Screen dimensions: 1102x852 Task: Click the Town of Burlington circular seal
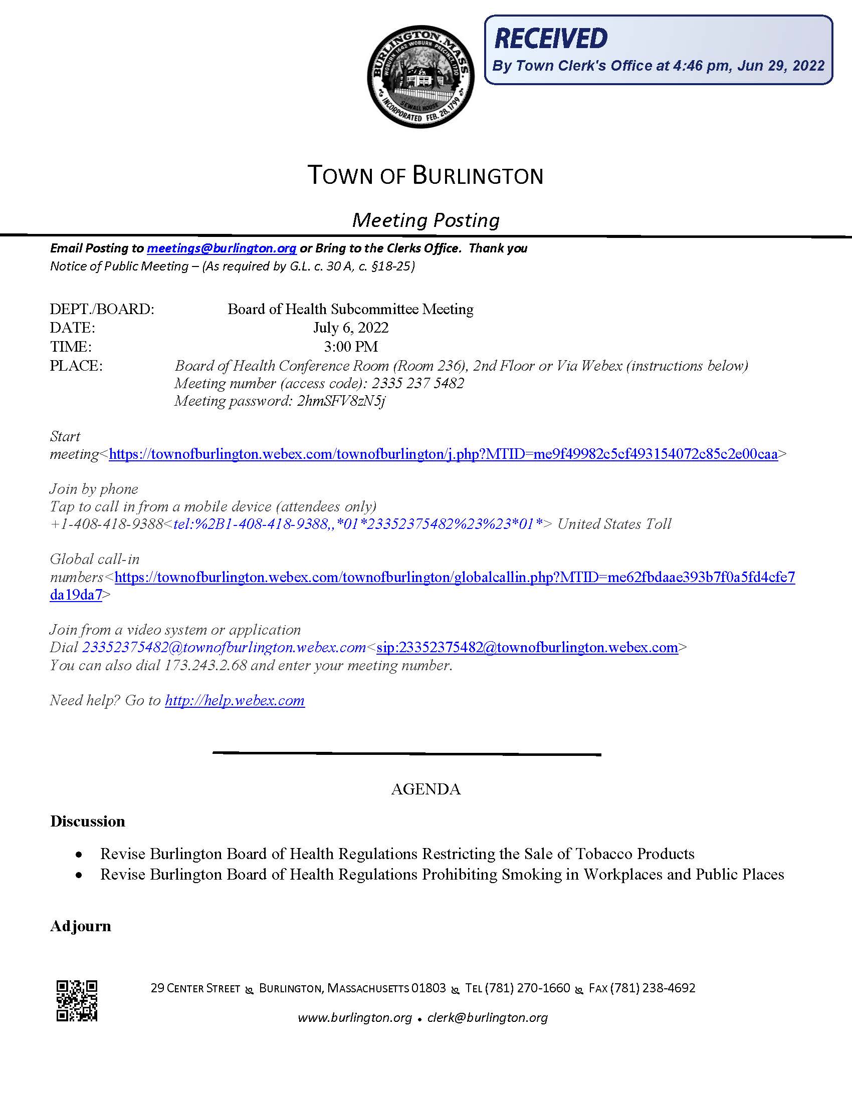[420, 77]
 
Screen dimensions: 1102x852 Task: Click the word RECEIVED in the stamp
[551, 39]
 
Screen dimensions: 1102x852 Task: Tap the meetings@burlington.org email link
[222, 248]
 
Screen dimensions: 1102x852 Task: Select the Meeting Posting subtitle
[425, 220]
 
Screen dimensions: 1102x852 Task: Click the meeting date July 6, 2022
[351, 328]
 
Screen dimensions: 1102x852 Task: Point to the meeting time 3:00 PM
[351, 347]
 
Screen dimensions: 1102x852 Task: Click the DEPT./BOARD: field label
[102, 309]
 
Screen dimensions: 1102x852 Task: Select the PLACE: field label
[76, 366]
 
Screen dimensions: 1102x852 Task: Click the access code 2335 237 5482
[417, 384]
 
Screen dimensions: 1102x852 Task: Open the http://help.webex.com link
[235, 700]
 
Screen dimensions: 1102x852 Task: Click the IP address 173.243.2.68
[205, 665]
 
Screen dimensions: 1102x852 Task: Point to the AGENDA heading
[425, 789]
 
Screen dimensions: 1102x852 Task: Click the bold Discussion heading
[88, 821]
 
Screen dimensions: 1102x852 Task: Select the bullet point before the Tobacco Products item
[79, 855]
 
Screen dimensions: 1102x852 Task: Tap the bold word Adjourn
[81, 926]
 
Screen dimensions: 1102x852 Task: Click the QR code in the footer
[77, 1001]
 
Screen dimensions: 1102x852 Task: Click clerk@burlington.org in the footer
[487, 1018]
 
